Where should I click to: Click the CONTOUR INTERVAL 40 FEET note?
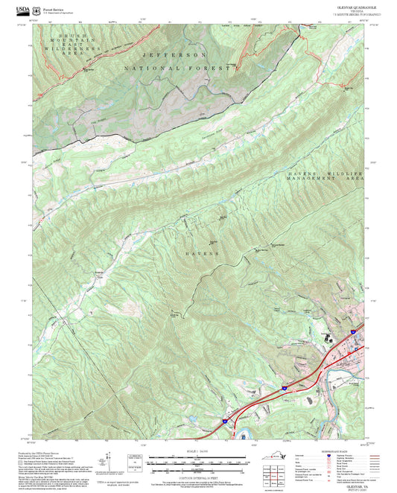click(x=197, y=477)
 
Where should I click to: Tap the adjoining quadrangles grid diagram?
click(x=276, y=474)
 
